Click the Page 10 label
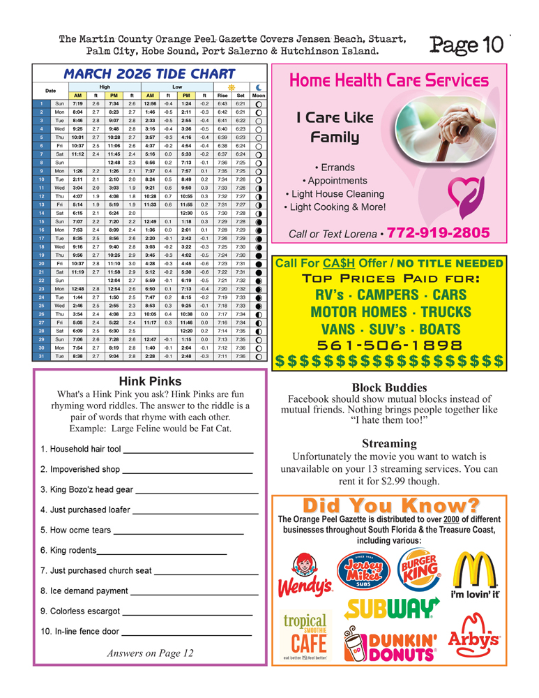click(466, 45)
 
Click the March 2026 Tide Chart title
click(149, 74)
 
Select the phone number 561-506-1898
click(389, 346)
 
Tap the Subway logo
click(391, 609)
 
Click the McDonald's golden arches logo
click(475, 571)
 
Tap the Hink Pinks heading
click(150, 381)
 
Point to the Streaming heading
click(389, 443)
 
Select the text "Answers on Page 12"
click(150, 653)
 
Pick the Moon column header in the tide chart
click(258, 95)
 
